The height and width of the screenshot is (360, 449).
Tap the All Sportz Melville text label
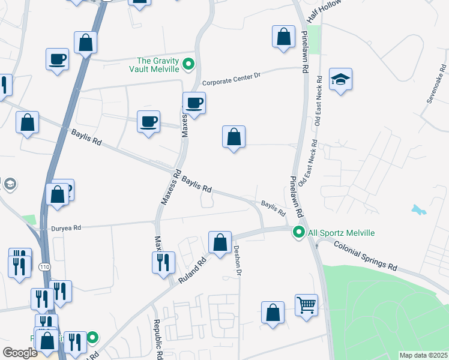point(341,233)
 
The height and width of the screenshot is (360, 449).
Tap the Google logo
point(20,352)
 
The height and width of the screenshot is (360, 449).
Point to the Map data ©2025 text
point(423,355)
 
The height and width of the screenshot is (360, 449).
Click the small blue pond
point(419,210)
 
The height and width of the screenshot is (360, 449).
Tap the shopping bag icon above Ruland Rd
point(220,242)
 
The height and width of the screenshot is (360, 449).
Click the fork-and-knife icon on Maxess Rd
point(164,262)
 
